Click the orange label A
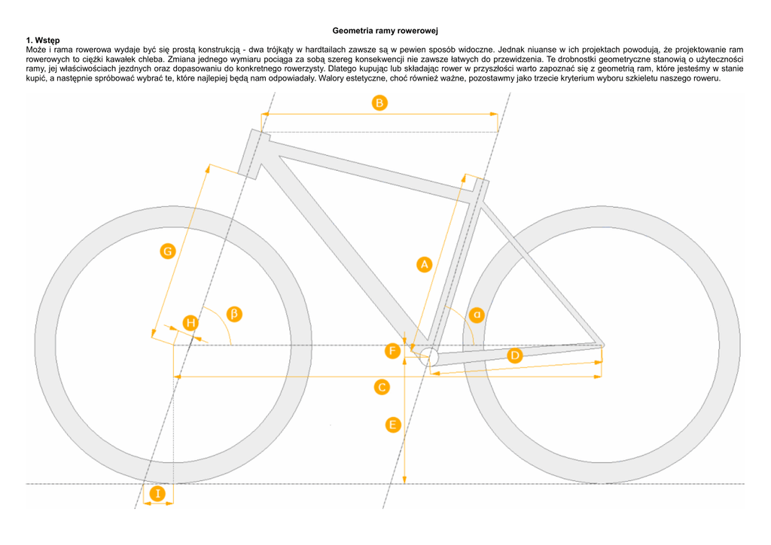point(424,263)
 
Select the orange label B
point(379,102)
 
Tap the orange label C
point(382,387)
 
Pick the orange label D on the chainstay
point(514,355)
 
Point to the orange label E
point(392,425)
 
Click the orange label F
point(392,351)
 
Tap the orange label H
point(191,324)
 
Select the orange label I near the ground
point(157,494)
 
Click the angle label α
point(477,313)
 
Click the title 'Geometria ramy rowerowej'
point(385,30)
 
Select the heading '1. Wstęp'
point(43,39)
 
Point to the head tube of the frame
point(254,154)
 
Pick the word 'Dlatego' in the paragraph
point(344,68)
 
